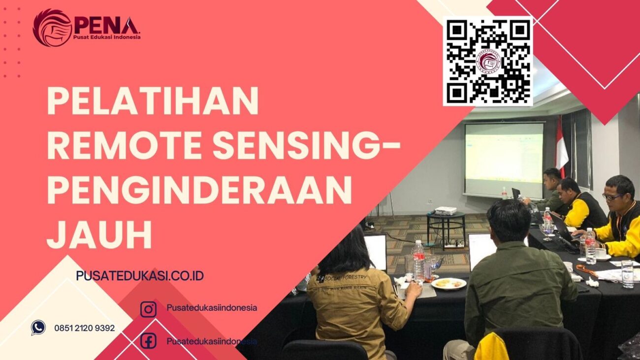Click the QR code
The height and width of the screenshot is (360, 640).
coord(488,61)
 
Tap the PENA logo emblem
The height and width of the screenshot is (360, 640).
coord(52,28)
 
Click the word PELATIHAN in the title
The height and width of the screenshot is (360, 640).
coord(153,101)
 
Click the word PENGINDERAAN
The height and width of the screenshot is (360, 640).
coord(199,190)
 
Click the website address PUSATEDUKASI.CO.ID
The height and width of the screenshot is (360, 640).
coord(140,276)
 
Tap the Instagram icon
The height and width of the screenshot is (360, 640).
coord(148,309)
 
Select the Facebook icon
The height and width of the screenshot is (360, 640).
coord(148,341)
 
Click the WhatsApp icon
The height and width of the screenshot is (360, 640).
coord(38,327)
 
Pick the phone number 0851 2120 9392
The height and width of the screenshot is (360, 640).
coord(85,328)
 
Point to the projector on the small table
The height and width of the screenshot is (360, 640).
coord(446,210)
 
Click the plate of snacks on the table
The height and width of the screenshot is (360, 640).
coord(448,283)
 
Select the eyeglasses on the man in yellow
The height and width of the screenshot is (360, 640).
coord(612,196)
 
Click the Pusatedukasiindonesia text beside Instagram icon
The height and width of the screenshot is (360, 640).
coord(212,308)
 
